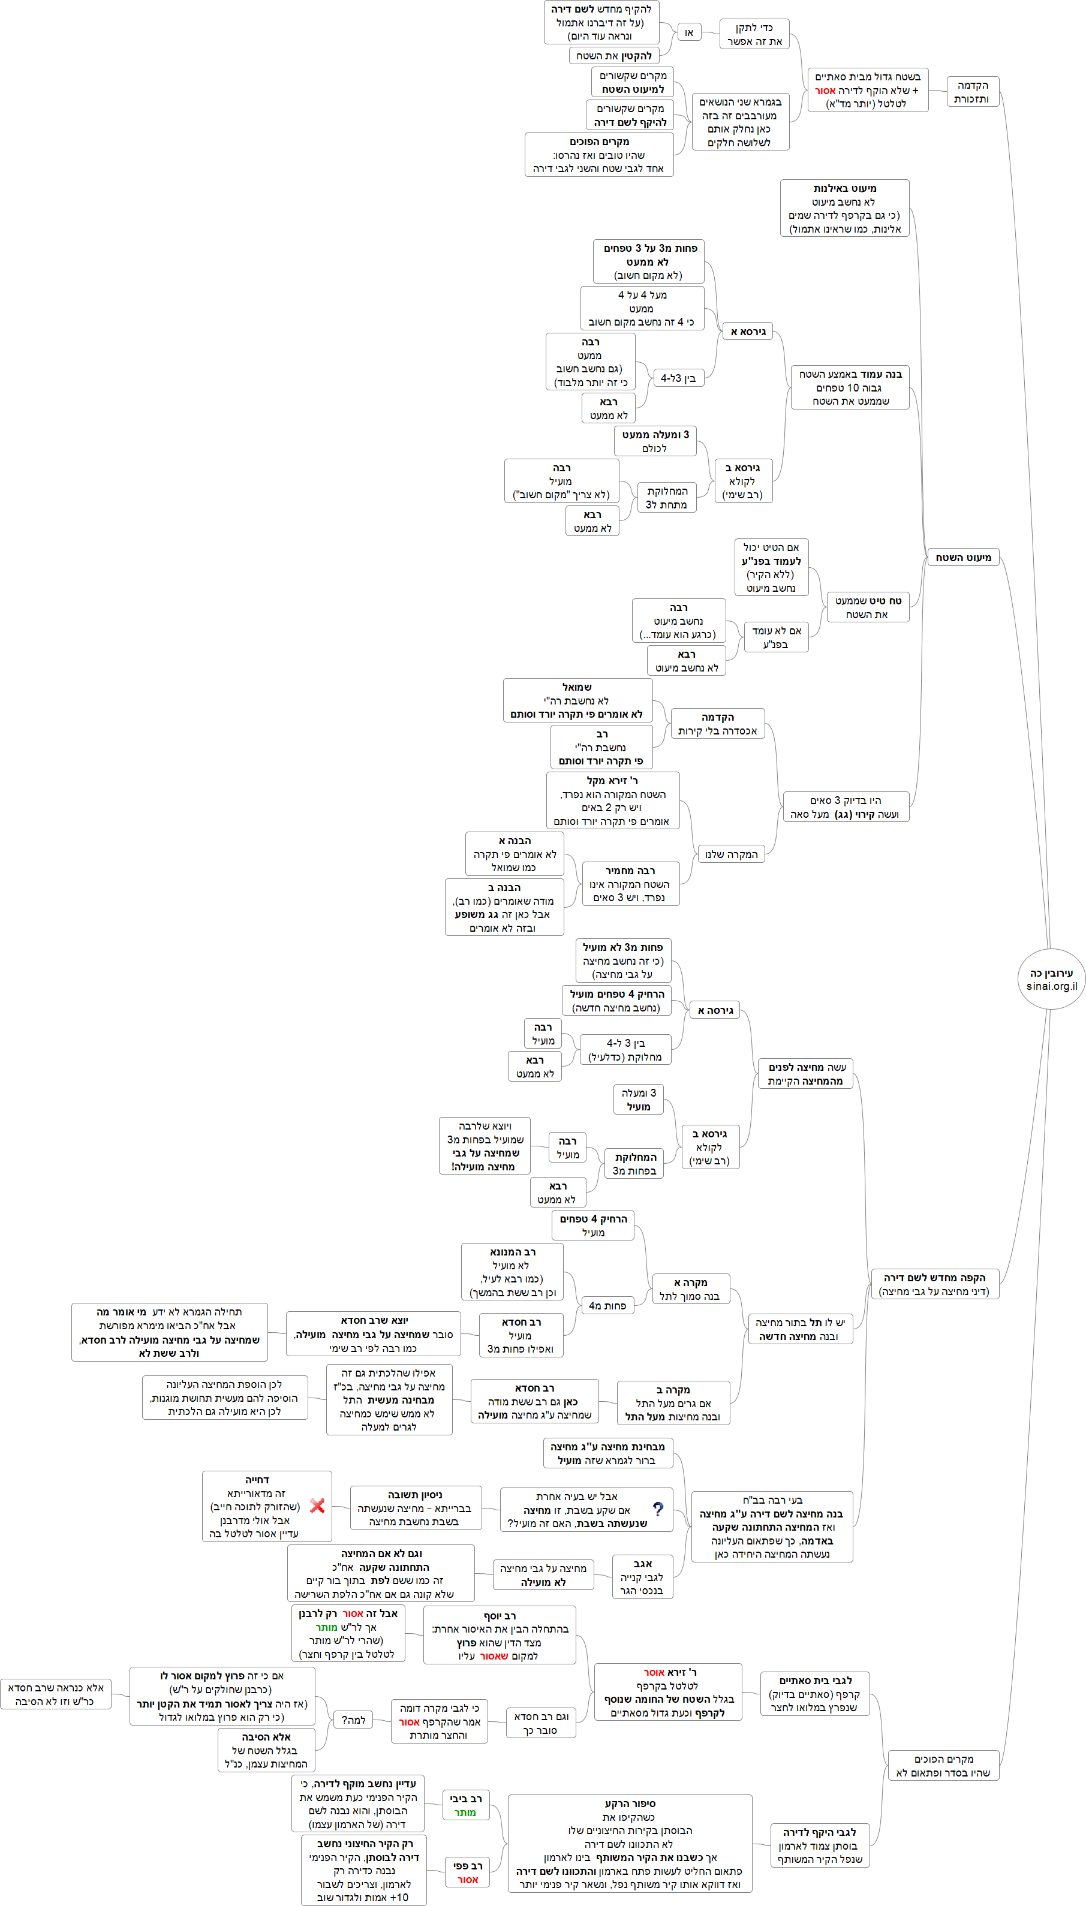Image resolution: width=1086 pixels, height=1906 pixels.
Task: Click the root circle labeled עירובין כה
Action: [x=1051, y=979]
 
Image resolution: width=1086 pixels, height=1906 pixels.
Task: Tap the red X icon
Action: [x=317, y=1505]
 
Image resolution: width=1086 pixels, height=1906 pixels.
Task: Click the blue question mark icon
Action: [x=658, y=1508]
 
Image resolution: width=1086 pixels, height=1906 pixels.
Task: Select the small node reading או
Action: [x=689, y=32]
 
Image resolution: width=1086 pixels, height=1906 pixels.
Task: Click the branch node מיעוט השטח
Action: [x=963, y=557]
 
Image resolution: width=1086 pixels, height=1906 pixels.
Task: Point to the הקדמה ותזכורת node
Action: [x=972, y=92]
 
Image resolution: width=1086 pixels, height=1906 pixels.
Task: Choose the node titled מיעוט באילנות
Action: [x=844, y=208]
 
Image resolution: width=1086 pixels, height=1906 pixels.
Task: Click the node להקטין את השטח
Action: [x=614, y=56]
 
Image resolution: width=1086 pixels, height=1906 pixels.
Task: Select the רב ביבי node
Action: [x=465, y=1805]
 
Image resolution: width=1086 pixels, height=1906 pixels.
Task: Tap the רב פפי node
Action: [x=467, y=1872]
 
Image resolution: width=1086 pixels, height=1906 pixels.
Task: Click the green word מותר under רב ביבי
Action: [x=465, y=1812]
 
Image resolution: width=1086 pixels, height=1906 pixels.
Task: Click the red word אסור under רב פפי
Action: [x=468, y=1879]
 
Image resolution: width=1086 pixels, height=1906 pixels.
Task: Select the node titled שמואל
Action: [x=577, y=700]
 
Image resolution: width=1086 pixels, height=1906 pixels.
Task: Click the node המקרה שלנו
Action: [x=731, y=854]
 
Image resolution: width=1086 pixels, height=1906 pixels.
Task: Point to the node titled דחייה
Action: [x=266, y=1505]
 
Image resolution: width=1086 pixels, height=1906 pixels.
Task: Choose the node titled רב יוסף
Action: [x=499, y=1634]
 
